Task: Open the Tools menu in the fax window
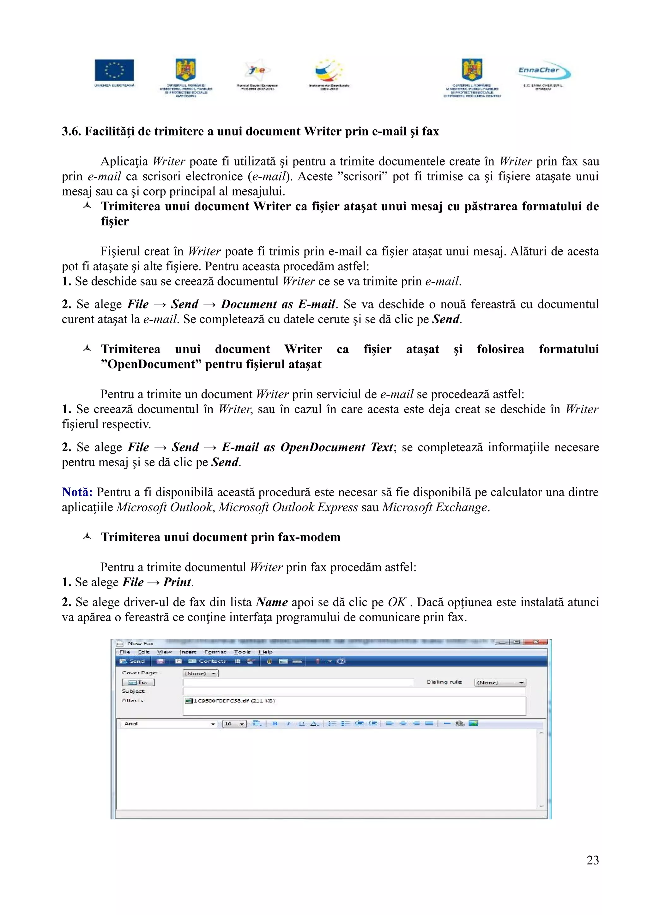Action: click(242, 652)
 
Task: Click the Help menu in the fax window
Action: click(265, 652)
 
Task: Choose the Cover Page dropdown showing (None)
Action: click(201, 673)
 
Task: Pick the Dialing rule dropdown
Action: click(500, 682)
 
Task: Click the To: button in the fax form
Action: click(138, 682)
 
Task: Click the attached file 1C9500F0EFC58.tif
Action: click(230, 701)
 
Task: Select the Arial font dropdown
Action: click(168, 723)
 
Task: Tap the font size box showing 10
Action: click(234, 724)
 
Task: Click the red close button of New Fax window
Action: click(536, 642)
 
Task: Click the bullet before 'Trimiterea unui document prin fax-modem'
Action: click(87, 536)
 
